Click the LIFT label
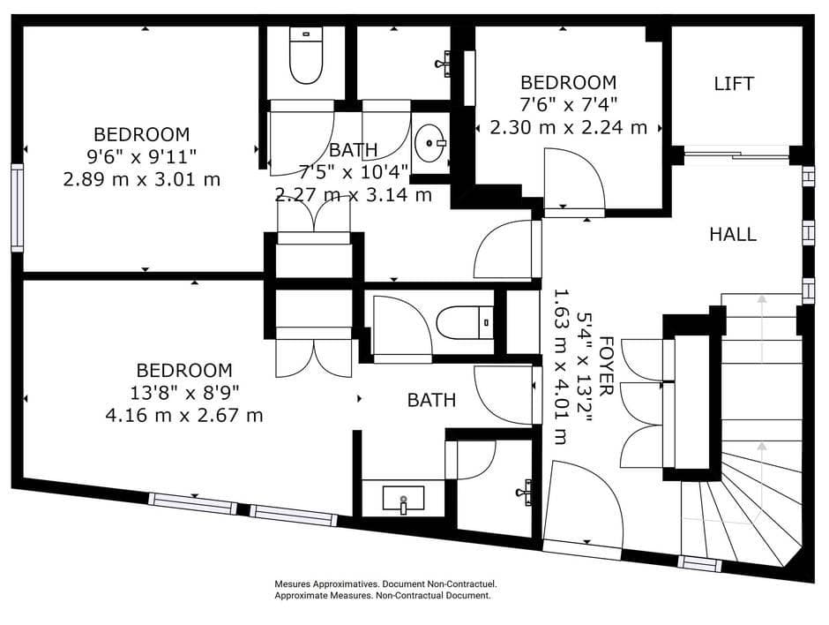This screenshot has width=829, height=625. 734,84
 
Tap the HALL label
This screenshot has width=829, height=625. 733,234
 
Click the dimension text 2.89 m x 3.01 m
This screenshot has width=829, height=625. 142,179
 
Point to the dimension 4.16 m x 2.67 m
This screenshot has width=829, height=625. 184,415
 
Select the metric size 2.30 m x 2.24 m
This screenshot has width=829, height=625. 568,127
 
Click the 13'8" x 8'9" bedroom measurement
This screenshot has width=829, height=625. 184,393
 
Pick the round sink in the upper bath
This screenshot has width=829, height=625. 430,139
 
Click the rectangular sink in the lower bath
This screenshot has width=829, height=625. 403,499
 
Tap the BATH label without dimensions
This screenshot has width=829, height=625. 431,400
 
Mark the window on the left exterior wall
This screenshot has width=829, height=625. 17,207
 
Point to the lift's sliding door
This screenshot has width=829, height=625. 736,155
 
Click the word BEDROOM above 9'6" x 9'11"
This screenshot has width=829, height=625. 141,134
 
